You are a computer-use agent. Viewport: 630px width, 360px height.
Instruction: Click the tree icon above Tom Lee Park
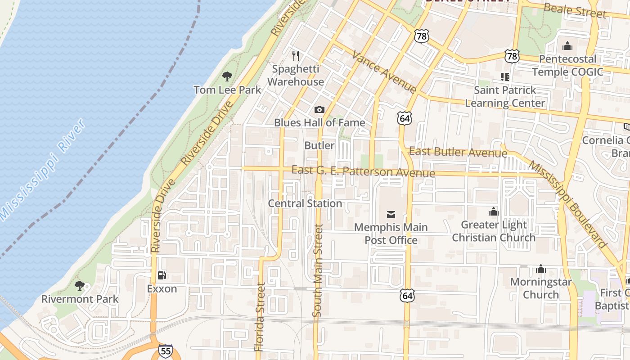coord(227,76)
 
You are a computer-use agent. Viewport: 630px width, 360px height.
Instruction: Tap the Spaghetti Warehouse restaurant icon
coord(296,56)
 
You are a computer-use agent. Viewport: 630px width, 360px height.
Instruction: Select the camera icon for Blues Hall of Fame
coord(319,109)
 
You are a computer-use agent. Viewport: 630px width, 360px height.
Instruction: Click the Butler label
coord(319,145)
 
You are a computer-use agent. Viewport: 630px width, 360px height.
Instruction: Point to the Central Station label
coord(305,203)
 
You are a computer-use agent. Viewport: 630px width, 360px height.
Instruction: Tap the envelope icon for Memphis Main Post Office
coord(391,215)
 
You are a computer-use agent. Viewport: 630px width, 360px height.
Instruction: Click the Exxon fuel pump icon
coord(162,275)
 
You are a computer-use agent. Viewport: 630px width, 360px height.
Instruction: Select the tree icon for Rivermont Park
coord(80,286)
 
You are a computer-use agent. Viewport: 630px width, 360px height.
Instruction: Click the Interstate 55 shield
coord(166,351)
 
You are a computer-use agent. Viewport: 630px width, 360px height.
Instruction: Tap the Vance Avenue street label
coord(384,72)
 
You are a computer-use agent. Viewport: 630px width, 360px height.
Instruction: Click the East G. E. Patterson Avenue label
coord(363,171)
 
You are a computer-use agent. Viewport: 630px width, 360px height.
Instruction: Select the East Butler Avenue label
coord(458,152)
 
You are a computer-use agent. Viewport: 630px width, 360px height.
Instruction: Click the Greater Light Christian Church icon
coord(494,211)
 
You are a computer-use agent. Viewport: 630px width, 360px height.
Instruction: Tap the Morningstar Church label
coord(541,288)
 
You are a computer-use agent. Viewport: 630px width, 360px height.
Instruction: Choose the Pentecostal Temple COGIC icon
coord(567,46)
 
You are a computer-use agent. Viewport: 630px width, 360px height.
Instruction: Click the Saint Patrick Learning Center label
coord(505,97)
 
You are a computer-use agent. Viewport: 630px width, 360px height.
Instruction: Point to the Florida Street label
coord(260,317)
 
